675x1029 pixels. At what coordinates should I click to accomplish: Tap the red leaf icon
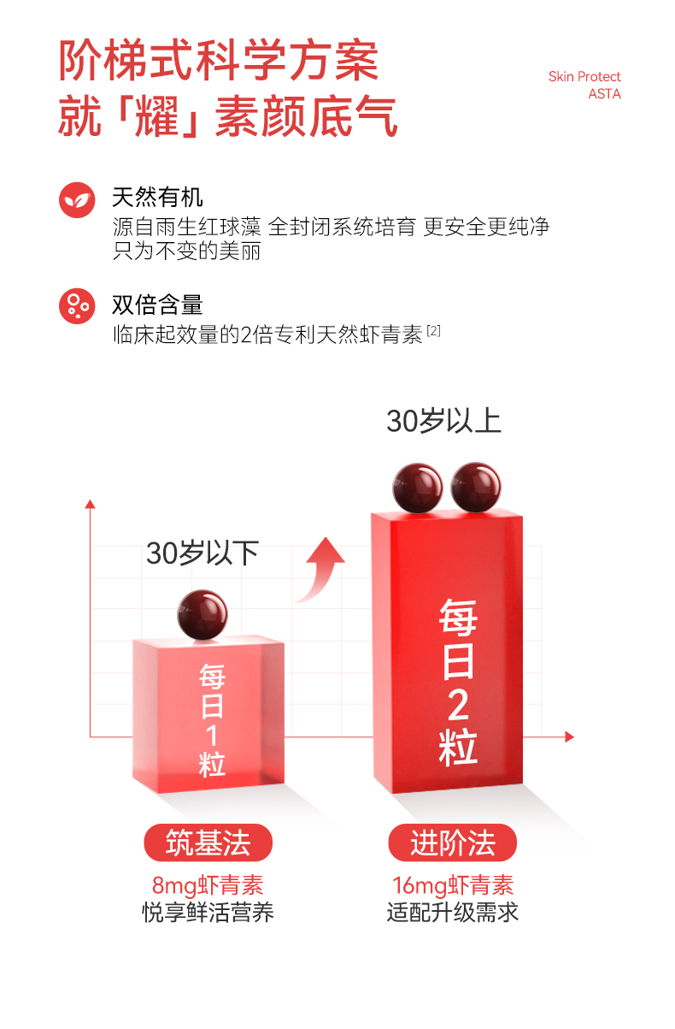pos(76,199)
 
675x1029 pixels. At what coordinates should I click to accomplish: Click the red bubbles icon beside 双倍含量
pos(76,305)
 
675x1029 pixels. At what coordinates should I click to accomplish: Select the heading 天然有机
pos(157,198)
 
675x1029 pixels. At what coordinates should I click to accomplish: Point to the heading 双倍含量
pos(157,305)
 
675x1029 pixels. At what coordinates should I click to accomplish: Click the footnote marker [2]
pos(433,330)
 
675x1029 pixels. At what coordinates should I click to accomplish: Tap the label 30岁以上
pos(443,421)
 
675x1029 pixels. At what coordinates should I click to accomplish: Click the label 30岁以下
pos(202,553)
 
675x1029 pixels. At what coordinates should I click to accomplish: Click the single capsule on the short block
pos(202,614)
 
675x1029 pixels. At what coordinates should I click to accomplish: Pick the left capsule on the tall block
pos(418,487)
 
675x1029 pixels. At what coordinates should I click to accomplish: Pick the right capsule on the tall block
pos(476,487)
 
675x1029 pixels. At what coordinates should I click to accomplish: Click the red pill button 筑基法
pos(208,843)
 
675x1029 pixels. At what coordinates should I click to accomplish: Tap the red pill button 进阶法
pos(452,843)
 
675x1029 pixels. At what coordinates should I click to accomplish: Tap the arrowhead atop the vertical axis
pos(90,505)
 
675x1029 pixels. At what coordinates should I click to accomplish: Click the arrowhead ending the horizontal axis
pos(569,736)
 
